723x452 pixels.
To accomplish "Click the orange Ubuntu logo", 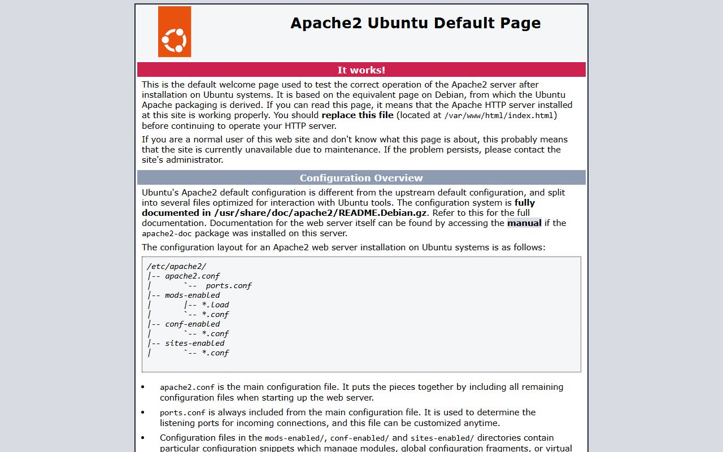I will click(174, 32).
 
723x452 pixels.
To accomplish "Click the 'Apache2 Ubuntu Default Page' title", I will click(415, 23).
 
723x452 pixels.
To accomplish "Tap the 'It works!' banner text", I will click(361, 70).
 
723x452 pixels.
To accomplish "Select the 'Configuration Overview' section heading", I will click(361, 178).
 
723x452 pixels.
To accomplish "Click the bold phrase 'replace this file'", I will click(358, 115).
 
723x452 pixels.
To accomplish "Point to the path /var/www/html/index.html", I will click(499, 116).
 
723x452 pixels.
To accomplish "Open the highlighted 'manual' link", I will click(524, 223).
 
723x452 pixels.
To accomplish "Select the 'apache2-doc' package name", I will click(167, 233).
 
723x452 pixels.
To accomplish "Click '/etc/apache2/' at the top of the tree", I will click(176, 267).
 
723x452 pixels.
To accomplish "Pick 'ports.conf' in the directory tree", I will click(228, 286).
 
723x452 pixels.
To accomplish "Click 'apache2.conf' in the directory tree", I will click(192, 276).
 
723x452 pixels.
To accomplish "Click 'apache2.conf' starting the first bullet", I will click(187, 388).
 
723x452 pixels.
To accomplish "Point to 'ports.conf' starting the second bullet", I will click(182, 413).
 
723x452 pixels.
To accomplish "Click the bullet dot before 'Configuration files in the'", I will click(143, 438).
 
